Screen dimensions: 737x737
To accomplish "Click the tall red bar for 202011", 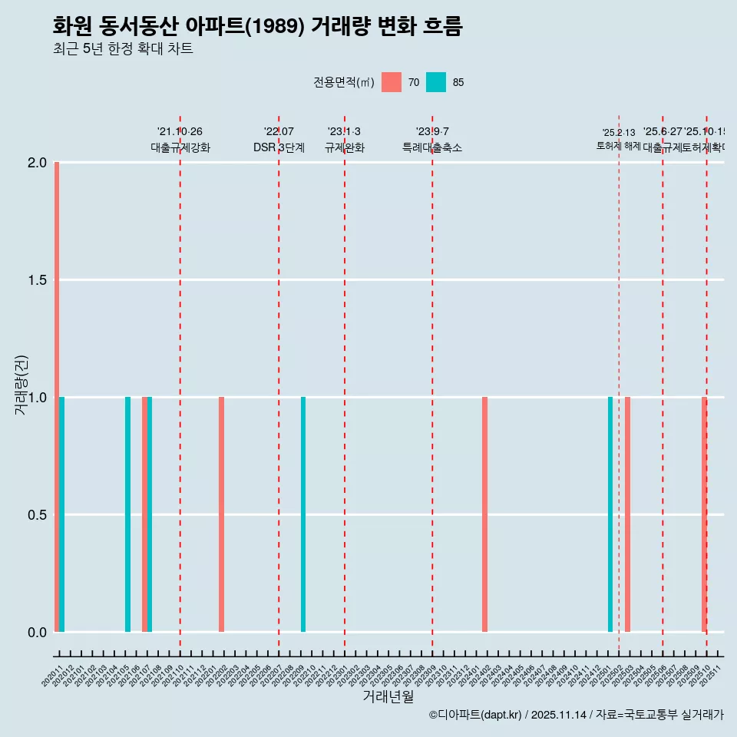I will click(57, 397).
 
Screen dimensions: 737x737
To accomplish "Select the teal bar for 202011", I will click(62, 514).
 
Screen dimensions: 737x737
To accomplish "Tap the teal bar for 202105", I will click(128, 514).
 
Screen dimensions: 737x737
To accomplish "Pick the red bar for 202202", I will click(221, 514).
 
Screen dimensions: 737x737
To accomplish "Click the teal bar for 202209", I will click(303, 514).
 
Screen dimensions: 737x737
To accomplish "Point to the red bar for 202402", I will click(484, 514).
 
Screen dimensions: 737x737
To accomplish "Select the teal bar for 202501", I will click(610, 514).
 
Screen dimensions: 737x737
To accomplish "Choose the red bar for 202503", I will click(627, 514).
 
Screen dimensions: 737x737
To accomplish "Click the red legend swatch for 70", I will click(392, 82).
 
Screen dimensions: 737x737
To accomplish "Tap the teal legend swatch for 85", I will click(436, 82).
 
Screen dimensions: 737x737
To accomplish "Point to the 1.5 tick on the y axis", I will click(36, 280).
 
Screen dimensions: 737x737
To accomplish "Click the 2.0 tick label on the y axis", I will click(36, 163).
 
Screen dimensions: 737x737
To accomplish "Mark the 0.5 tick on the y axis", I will click(36, 515).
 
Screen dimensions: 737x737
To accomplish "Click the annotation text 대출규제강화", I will click(180, 147).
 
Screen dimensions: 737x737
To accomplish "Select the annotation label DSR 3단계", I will click(279, 147).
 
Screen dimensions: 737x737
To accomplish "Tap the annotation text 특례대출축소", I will click(432, 147).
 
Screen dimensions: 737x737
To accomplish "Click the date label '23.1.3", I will click(344, 132).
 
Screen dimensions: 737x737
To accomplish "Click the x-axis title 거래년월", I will click(388, 697).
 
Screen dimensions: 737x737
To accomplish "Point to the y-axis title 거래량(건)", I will click(21, 386).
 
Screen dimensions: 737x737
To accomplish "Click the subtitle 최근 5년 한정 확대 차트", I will click(123, 49).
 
